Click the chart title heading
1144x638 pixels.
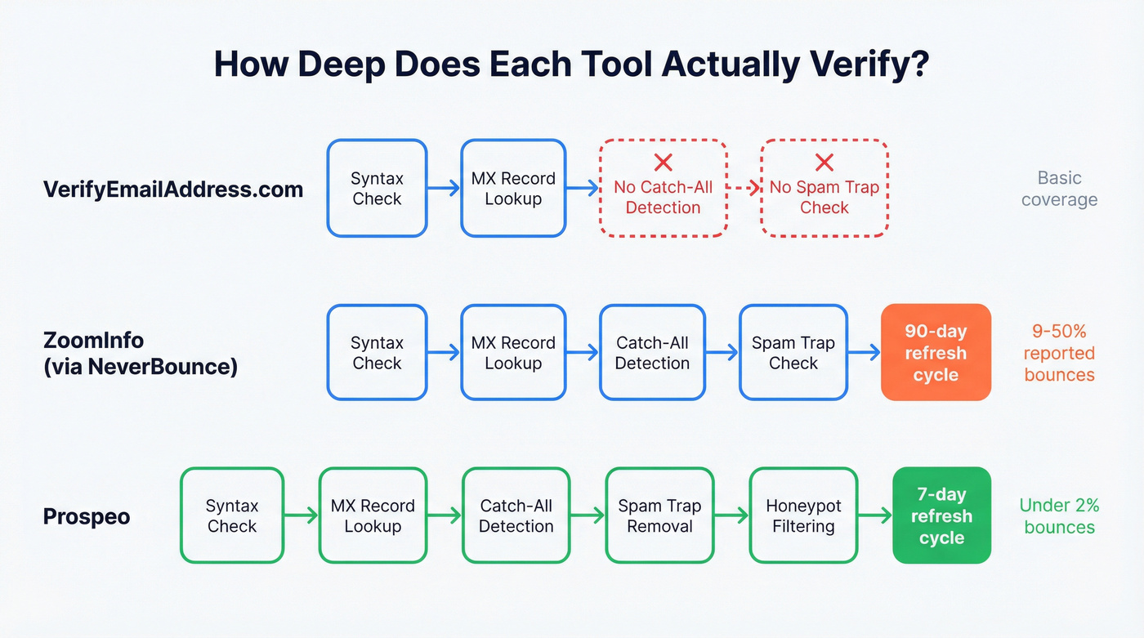[571, 65]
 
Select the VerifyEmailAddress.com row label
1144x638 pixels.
[172, 190]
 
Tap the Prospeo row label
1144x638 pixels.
[86, 516]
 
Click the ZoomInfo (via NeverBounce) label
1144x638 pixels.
[140, 353]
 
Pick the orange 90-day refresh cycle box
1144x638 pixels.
[936, 353]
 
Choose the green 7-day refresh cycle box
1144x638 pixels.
[941, 515]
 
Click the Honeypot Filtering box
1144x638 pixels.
[803, 515]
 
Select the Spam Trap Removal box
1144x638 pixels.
[659, 515]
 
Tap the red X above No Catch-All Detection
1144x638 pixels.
[663, 163]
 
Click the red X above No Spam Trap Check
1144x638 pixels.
[824, 163]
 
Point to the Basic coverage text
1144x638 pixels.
[1059, 189]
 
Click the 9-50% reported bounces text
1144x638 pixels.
[1059, 353]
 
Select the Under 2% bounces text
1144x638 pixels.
[1059, 515]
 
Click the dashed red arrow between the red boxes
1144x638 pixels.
[744, 189]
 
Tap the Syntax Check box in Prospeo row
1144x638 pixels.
[232, 515]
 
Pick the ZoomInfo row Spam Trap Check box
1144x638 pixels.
[793, 353]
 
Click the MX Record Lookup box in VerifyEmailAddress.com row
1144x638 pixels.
[513, 189]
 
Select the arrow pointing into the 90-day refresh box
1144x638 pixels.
[864, 353]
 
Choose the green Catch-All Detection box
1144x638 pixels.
[516, 515]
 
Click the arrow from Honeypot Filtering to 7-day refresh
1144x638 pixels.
[874, 515]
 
